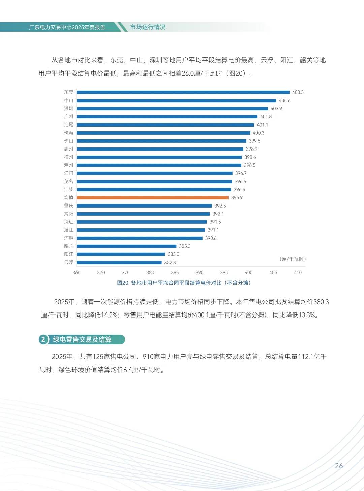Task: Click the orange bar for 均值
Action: click(152, 198)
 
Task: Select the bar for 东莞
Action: click(183, 92)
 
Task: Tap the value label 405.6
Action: click(284, 101)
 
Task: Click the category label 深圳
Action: click(68, 109)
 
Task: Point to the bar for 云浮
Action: click(119, 263)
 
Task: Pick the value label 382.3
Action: click(170, 263)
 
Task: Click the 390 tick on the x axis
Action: click(200, 273)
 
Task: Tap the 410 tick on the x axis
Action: click(298, 273)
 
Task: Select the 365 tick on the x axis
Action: click(77, 273)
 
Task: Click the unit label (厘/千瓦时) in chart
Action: click(293, 259)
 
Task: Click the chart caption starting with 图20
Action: click(184, 283)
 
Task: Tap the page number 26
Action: click(339, 466)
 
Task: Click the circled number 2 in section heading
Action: click(43, 339)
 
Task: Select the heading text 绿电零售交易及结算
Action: click(82, 339)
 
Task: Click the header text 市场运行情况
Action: click(148, 27)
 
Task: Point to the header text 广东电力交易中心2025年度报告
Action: click(67, 27)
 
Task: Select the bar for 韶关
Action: click(126, 246)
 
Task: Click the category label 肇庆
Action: click(68, 206)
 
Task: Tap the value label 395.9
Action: click(237, 198)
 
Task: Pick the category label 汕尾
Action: click(68, 125)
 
